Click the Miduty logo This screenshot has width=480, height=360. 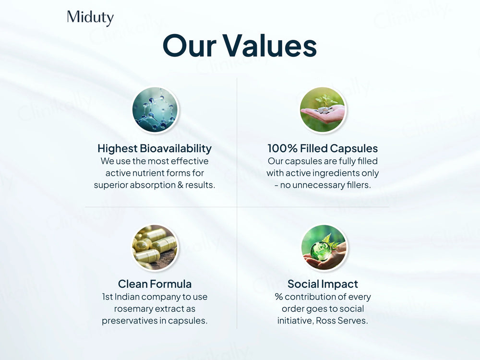[90, 18]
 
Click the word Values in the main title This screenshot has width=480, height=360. [269, 47]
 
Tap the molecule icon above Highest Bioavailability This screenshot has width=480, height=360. [155, 110]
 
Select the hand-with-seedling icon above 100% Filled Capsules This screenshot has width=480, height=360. [323, 110]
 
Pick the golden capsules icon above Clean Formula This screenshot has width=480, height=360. [155, 247]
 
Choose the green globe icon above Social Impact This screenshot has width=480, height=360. [323, 247]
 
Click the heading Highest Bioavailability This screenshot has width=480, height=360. [155, 148]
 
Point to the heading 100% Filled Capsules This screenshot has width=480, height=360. [323, 148]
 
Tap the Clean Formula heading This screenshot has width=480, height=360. [155, 284]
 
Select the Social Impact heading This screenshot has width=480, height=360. [323, 284]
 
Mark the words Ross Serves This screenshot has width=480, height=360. [342, 321]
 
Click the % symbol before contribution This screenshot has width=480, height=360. [278, 297]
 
